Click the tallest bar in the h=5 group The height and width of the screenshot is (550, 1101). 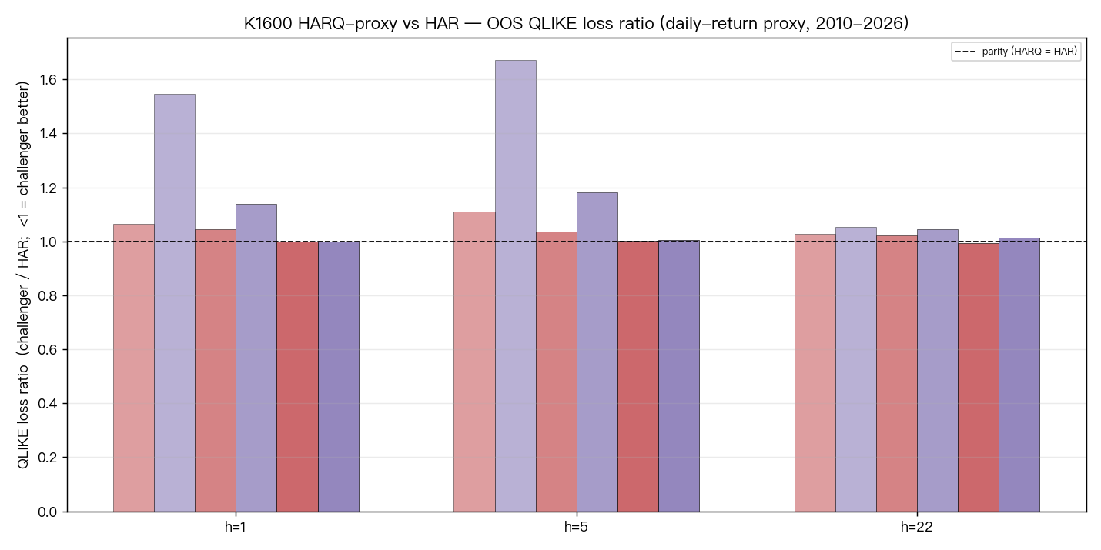click(x=516, y=286)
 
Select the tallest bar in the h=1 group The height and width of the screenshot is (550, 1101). click(x=175, y=303)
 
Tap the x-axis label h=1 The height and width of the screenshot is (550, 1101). click(x=236, y=527)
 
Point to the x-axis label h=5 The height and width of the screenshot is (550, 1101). click(x=576, y=527)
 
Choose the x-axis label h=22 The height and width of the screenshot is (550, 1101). click(x=917, y=527)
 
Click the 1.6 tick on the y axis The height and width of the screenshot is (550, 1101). click(x=48, y=79)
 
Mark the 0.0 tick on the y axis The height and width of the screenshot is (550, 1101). click(x=48, y=512)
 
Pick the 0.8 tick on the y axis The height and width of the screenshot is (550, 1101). click(x=48, y=295)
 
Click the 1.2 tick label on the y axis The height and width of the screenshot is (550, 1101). click(x=48, y=188)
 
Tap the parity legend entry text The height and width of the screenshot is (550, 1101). click(x=1029, y=51)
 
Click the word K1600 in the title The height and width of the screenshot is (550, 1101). click(x=269, y=23)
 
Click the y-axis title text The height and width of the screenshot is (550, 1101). click(x=23, y=275)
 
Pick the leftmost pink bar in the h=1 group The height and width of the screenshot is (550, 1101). click(x=134, y=368)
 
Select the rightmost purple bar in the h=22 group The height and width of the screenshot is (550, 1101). click(x=1019, y=375)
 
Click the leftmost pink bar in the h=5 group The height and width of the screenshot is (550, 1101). click(x=475, y=362)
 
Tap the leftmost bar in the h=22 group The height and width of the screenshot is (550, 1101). click(x=815, y=373)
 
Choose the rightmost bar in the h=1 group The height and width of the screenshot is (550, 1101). click(x=339, y=377)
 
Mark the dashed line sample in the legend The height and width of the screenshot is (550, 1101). click(x=965, y=52)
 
